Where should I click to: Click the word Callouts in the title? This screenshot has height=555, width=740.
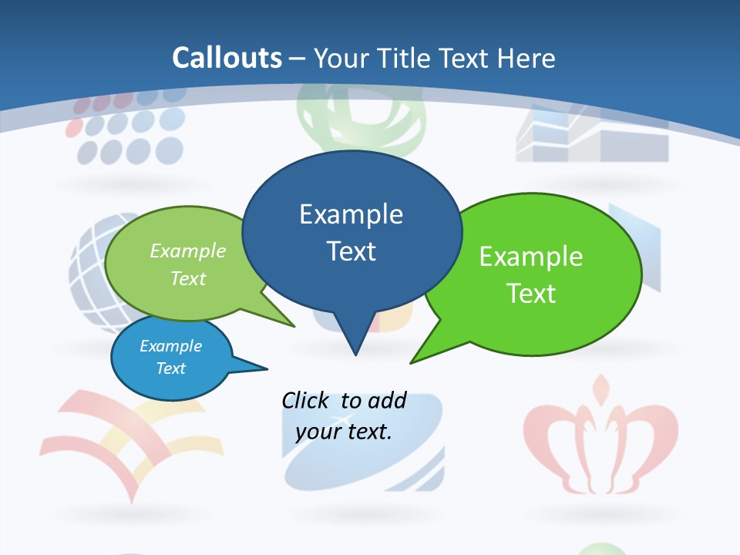point(227,58)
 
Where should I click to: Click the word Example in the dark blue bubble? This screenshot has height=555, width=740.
point(351,214)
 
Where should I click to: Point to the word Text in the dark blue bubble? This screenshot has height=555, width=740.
point(351,251)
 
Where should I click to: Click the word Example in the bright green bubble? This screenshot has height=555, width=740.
point(531,257)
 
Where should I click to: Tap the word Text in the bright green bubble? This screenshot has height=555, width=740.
point(531,294)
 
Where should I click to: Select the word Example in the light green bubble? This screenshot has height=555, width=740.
point(188,251)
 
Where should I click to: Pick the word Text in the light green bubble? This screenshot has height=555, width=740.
point(188,279)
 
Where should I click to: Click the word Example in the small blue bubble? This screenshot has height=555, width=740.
point(170,346)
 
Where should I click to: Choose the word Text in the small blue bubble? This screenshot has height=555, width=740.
point(170,368)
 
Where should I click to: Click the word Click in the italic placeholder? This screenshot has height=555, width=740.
point(305,401)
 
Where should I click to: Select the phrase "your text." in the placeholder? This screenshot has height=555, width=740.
point(344,432)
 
